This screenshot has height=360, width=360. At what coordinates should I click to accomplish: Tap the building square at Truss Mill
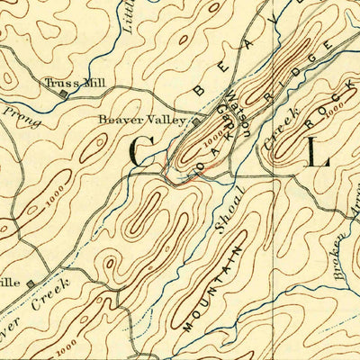63,92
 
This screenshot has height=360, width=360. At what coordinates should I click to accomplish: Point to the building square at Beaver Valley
195,121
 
